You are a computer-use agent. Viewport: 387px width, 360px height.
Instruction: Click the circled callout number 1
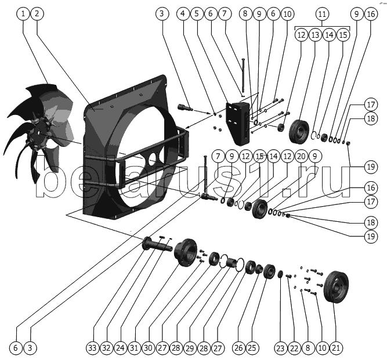coord(23,13)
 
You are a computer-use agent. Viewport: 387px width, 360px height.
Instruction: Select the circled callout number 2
coord(36,13)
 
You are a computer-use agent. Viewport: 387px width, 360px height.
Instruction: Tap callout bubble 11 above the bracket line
coord(322,13)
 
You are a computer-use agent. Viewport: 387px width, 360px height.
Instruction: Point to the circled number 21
coord(337,348)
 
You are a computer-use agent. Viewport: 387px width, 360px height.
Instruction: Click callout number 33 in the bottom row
coord(92,348)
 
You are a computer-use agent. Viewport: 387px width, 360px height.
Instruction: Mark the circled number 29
coord(189,348)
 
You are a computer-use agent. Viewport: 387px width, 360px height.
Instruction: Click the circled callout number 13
coord(315,35)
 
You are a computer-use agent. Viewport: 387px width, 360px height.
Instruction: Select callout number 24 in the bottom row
coord(120,348)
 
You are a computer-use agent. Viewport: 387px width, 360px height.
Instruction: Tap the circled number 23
coord(280,348)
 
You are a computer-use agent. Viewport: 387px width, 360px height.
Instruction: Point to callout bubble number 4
coord(183,13)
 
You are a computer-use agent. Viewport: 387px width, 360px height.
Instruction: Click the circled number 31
coord(134,348)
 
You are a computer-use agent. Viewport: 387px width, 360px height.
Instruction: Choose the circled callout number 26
coord(238,348)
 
